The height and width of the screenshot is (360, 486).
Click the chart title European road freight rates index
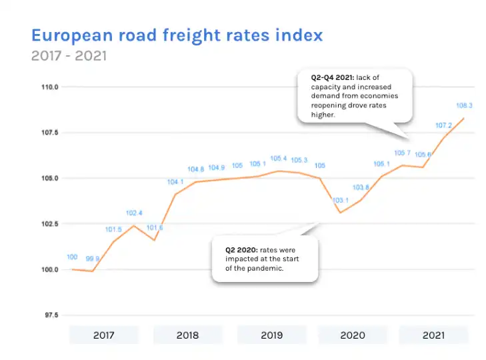177,35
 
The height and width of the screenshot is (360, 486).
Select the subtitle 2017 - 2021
68,55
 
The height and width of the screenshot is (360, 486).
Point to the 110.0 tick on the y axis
51,87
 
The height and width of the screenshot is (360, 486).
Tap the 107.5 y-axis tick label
51,133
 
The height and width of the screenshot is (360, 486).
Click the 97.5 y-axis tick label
51,315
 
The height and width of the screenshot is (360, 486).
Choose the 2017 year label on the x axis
103,335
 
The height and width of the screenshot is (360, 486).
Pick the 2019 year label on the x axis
271,335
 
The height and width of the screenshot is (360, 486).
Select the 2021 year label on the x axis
433,335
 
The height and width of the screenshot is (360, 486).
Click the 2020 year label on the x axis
352,335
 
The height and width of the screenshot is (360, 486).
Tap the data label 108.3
464,105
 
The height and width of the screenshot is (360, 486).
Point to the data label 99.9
93,259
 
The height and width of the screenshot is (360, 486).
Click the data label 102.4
134,213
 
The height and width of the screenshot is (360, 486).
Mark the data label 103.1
341,200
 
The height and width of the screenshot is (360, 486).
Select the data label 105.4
279,159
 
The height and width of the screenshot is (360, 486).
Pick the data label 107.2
443,125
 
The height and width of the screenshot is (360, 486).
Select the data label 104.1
175,182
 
